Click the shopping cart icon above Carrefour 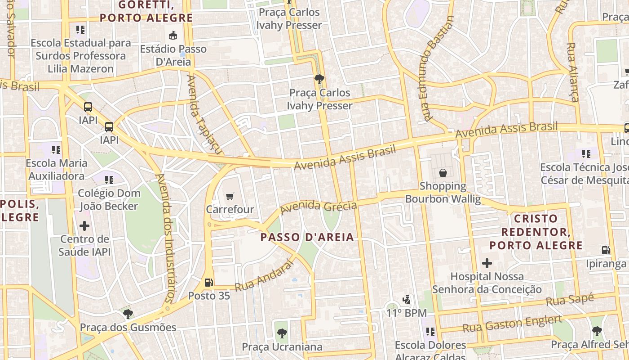coord(230,196)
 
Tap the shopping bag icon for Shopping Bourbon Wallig coord(443,172)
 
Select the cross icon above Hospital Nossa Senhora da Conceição coord(487,263)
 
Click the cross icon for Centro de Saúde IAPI coord(84,225)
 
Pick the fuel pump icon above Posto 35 coord(209,282)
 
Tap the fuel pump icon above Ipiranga coord(606,250)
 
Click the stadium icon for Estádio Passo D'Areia coord(173,35)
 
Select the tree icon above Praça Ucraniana coord(282,333)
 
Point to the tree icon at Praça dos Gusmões coord(128,314)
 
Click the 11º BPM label coord(407,313)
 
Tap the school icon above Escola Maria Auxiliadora coord(56,149)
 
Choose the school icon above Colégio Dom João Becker coord(109,180)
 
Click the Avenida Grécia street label coord(319,207)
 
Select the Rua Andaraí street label coord(264,275)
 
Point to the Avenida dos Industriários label coord(164,238)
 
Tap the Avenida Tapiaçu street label coord(199,112)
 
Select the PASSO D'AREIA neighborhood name coord(307,237)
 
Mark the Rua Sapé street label coord(570,300)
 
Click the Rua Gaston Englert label coord(512,324)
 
